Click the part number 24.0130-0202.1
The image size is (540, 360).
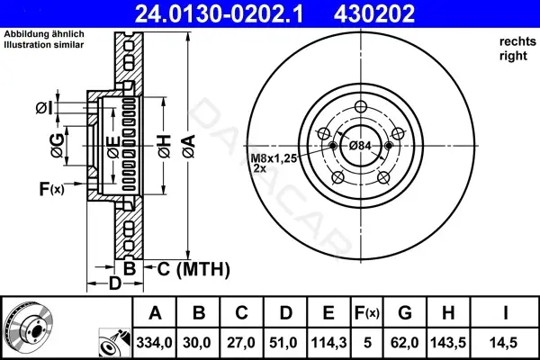(x=219, y=13)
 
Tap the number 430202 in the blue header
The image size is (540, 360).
(x=374, y=13)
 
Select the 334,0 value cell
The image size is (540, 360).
(x=154, y=343)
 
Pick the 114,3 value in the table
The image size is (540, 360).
(x=328, y=343)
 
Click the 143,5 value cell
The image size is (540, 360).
(x=448, y=343)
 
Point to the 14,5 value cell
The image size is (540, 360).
(x=503, y=343)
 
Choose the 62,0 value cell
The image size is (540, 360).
(x=405, y=343)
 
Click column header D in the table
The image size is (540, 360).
(x=285, y=313)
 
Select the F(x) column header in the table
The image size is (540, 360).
(x=367, y=313)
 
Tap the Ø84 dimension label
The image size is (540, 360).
(x=360, y=146)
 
